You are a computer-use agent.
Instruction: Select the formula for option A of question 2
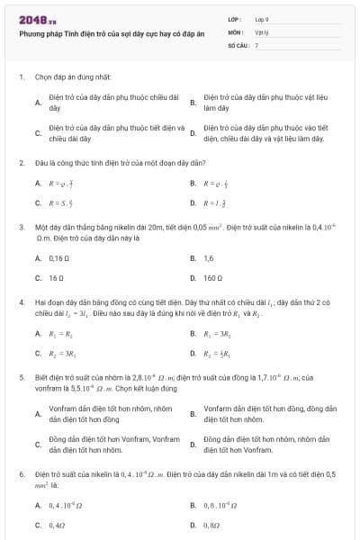[x=58, y=183]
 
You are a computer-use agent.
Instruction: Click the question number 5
[x=22, y=378]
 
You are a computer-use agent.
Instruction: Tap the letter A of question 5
[x=38, y=414]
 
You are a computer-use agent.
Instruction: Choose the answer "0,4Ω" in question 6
[x=58, y=524]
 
